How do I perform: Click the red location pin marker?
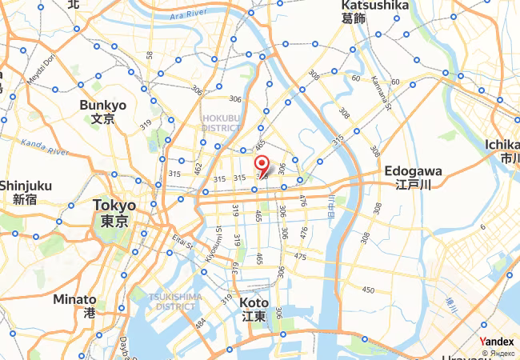click(261, 166)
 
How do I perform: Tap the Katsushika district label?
click(375, 11)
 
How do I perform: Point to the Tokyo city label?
click(114, 213)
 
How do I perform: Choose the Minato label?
click(75, 306)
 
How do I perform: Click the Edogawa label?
click(413, 177)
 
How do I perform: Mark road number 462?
click(198, 168)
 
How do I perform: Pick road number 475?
click(300, 256)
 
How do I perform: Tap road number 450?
click(368, 290)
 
